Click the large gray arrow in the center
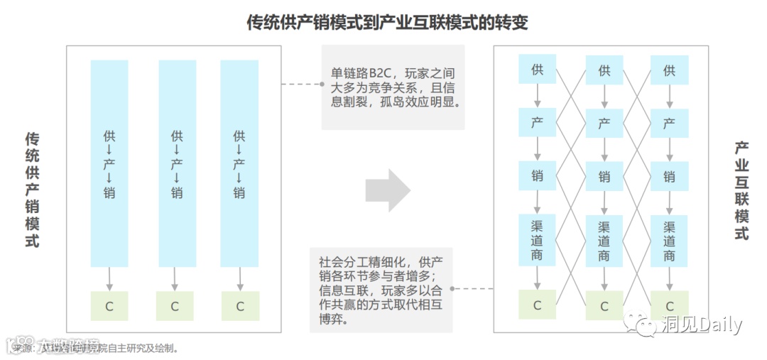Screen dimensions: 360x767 [x=388, y=190]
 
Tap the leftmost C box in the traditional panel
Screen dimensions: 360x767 [x=109, y=306]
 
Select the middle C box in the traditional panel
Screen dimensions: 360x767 [x=175, y=306]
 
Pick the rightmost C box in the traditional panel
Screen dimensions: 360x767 [x=240, y=306]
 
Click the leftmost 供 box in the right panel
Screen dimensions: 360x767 [x=538, y=70]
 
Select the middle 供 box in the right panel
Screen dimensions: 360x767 [x=604, y=70]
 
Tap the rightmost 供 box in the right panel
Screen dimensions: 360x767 [x=669, y=70]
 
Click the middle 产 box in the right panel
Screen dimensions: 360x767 [x=604, y=124]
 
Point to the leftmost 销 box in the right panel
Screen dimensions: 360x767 [x=538, y=176]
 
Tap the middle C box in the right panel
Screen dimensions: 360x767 [x=604, y=306]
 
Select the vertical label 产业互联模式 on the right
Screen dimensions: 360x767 [x=741, y=190]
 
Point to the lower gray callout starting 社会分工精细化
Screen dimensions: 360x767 [x=381, y=290]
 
